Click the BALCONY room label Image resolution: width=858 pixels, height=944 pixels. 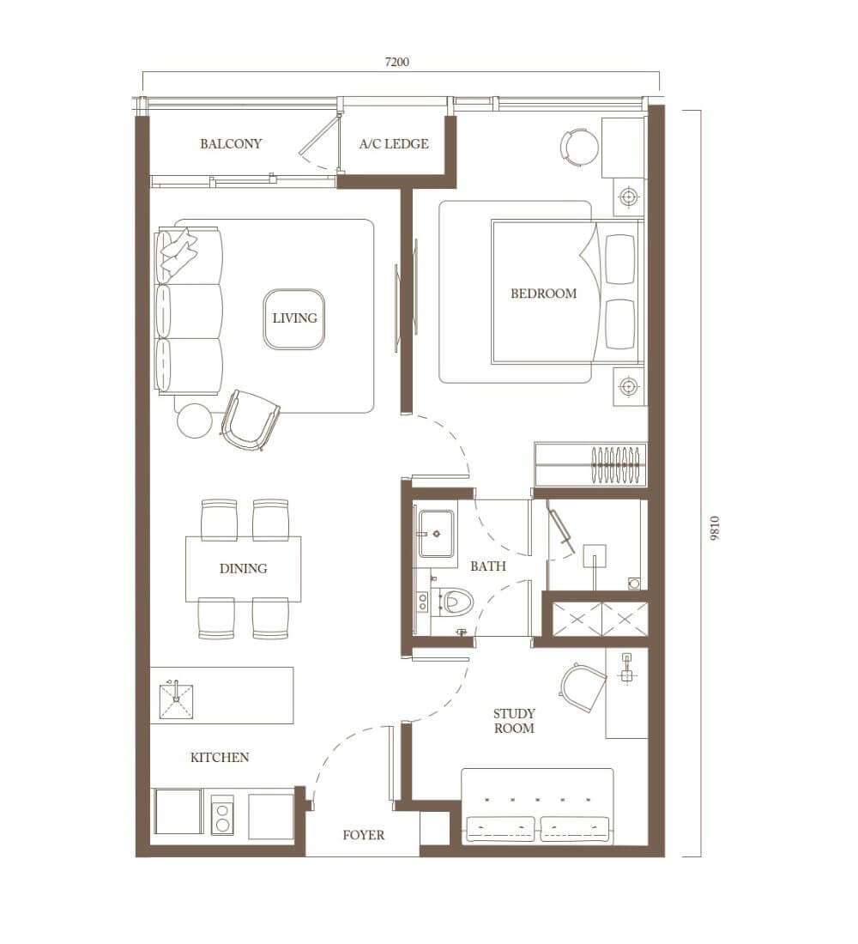231,144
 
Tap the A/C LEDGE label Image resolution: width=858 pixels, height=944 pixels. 394,144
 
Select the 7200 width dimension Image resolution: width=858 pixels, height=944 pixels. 396,62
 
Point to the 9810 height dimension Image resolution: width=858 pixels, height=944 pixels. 714,529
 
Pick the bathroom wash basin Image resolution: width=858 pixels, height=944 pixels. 436,533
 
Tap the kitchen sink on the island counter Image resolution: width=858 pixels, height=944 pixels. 176,701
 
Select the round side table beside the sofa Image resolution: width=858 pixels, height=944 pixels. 194,421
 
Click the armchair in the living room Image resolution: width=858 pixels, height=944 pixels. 250,421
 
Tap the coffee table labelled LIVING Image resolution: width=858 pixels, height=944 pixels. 294,319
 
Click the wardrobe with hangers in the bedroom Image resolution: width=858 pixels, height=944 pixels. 590,465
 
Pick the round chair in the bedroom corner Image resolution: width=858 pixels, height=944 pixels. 580,147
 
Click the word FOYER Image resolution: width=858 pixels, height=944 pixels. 363,835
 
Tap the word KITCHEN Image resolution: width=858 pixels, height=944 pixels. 220,758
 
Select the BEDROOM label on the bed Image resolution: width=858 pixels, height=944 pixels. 544,293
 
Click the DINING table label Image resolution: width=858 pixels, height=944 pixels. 244,568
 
